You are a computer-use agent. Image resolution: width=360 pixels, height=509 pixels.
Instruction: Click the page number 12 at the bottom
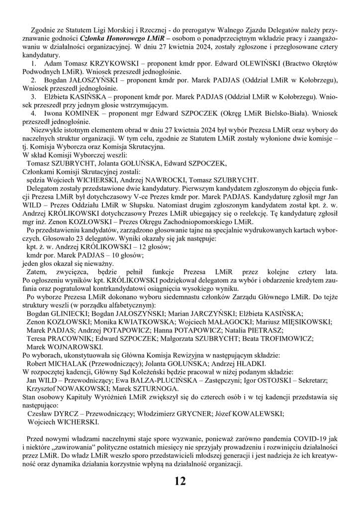click(x=180, y=481)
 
